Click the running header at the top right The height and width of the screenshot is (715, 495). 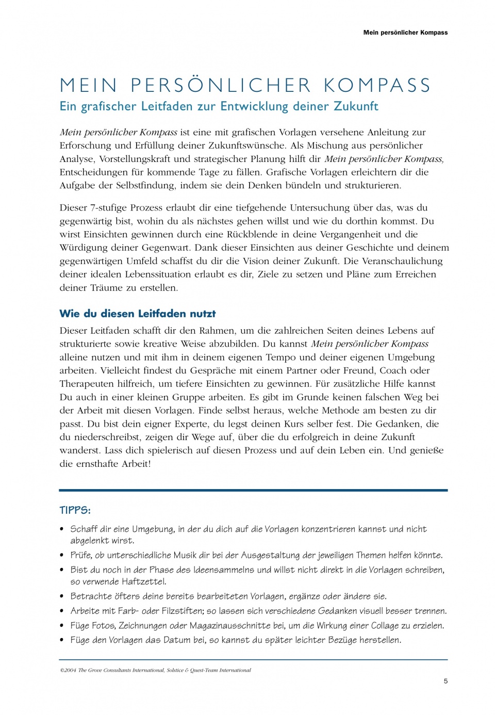405,32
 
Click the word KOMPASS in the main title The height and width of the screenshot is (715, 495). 377,86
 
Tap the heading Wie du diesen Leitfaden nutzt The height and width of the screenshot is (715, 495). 137,314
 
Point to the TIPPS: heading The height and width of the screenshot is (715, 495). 75,510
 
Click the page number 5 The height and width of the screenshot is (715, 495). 445,681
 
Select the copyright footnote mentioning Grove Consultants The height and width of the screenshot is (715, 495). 155,670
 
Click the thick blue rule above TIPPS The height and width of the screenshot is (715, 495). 253,490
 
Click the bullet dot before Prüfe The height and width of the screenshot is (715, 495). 62,555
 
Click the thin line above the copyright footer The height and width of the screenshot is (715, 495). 253,659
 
